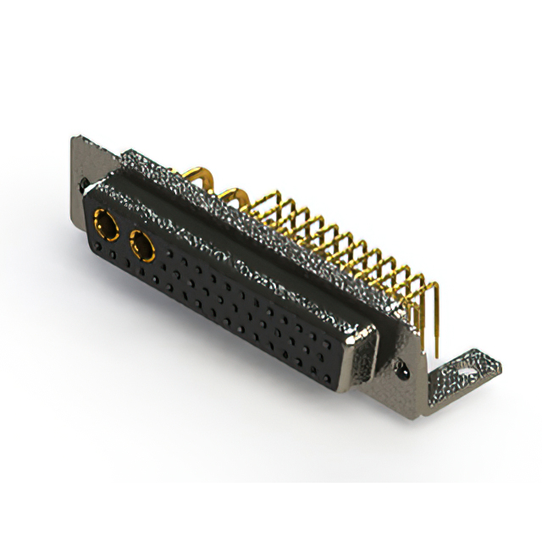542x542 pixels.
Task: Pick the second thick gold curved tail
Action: pyautogui.click(x=235, y=200)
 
